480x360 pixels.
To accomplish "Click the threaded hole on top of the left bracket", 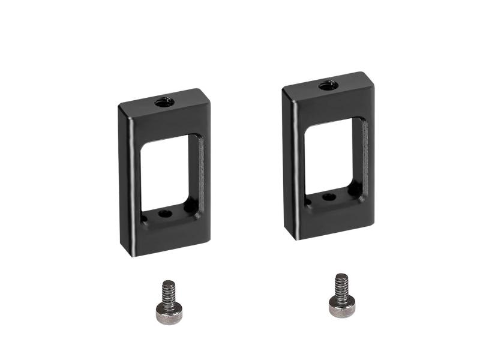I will point(164,102).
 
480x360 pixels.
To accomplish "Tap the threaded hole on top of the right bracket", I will point(327,85).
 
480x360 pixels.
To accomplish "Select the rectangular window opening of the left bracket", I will point(165,173).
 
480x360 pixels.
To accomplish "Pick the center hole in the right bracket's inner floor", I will point(329,196).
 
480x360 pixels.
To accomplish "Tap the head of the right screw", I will point(340,307).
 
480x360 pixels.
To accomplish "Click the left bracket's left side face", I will point(124,180).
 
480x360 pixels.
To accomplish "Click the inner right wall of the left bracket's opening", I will point(196,171).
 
